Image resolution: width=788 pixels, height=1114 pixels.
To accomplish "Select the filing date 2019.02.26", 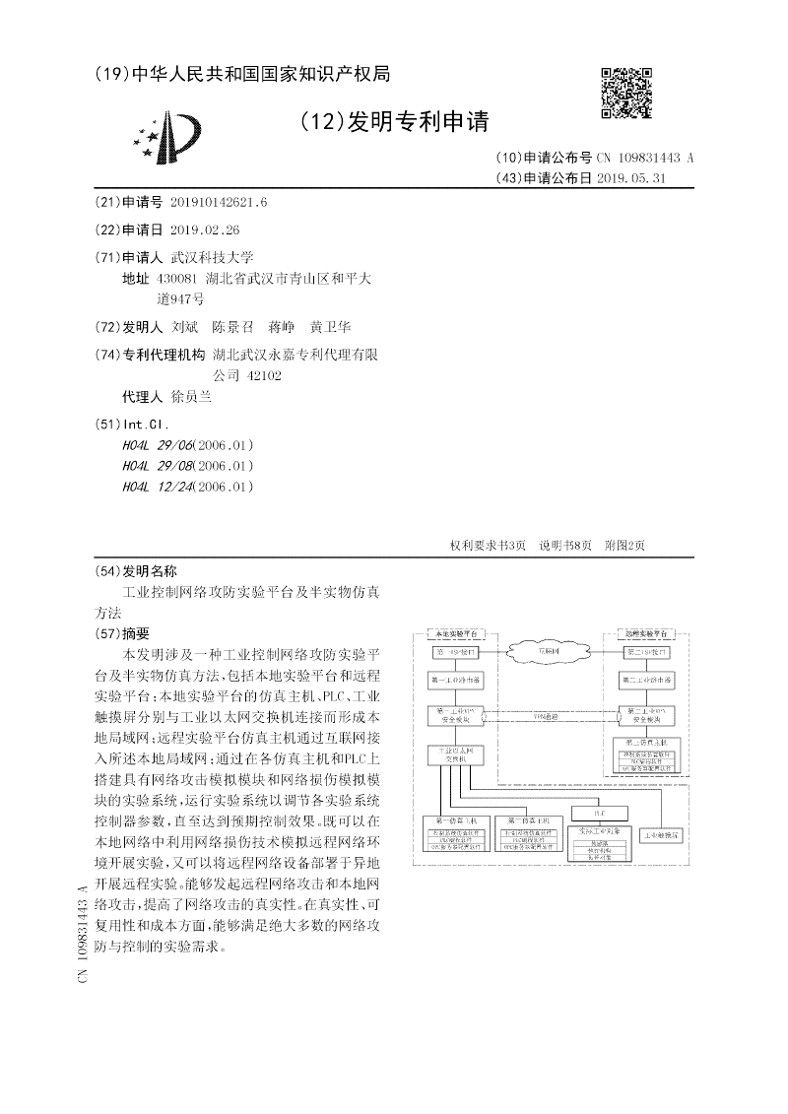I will coord(204,229).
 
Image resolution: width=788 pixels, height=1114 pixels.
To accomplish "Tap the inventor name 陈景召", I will coord(233,327).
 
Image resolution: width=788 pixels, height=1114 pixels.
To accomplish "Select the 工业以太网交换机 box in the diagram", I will coord(455,755).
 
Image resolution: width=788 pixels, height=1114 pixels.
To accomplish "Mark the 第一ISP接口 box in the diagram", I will coord(455,652).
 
